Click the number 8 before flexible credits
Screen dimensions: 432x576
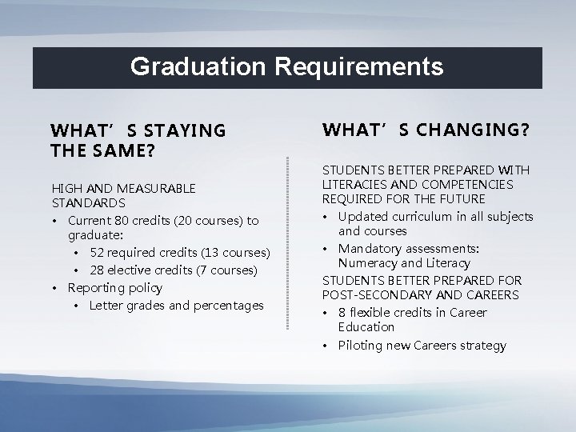click(x=342, y=312)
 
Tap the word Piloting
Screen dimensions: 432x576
click(x=362, y=346)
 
